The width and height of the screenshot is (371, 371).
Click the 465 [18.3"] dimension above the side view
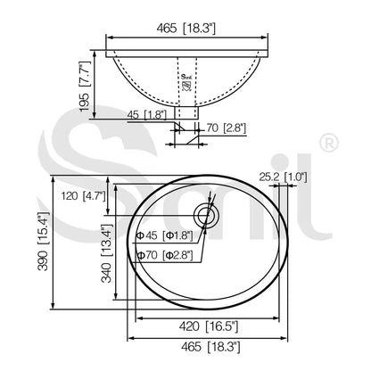pos(185,29)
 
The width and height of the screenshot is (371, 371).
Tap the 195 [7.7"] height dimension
pos(85,87)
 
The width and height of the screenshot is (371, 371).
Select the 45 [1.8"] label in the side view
pos(147,115)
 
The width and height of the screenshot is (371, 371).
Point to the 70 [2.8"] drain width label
pos(227,128)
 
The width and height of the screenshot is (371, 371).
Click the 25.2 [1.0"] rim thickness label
pos(283,177)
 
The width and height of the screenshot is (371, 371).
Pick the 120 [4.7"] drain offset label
pos(83,195)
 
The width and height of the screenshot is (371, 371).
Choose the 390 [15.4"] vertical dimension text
pos(43,241)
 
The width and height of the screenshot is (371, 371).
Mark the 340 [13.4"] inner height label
pos(106,253)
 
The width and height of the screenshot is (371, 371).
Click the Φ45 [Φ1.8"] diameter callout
pos(165,235)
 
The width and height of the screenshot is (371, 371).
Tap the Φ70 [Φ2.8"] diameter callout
pos(165,255)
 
